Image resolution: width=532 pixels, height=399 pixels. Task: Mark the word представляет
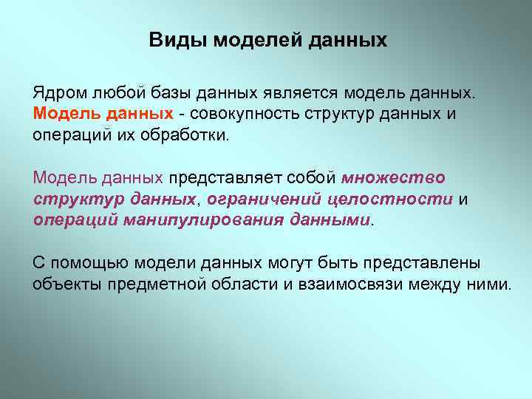215,178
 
